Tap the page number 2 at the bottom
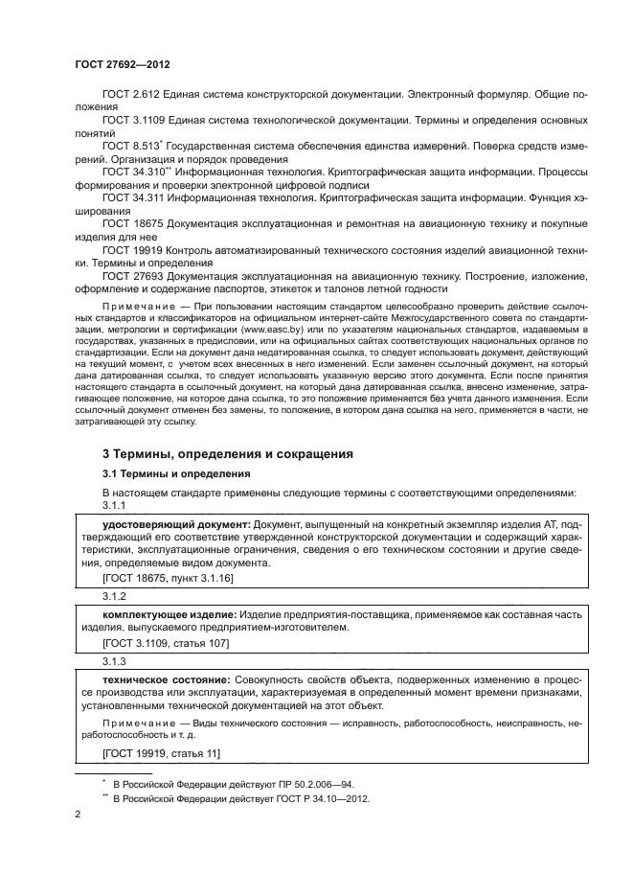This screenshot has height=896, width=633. coord(79,815)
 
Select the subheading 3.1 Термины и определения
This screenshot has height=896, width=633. coord(177,473)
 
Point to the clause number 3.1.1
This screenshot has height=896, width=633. coord(114,505)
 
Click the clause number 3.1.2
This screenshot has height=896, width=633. coord(114,595)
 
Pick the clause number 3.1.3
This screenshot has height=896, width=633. coord(114,661)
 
